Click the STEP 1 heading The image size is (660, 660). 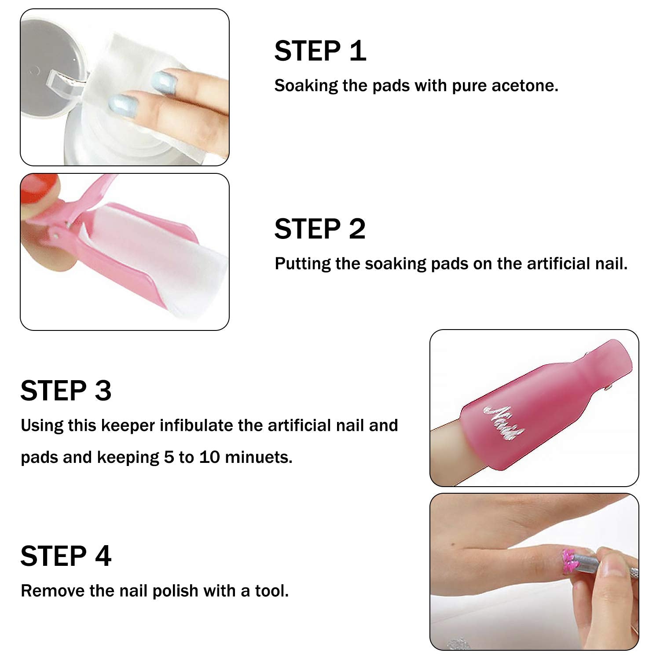[x=320, y=51]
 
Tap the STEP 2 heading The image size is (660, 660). [x=320, y=229]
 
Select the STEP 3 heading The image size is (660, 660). [x=66, y=391]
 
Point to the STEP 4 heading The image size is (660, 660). [x=66, y=556]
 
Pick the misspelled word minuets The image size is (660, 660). [x=259, y=457]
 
